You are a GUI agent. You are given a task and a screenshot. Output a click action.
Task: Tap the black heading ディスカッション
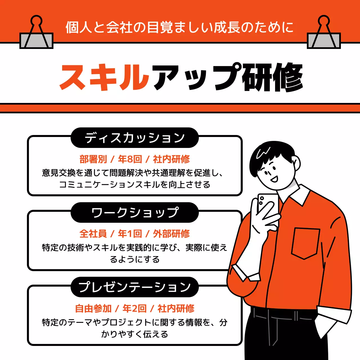point(134,138)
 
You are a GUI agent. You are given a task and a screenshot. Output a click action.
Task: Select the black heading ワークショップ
point(134,213)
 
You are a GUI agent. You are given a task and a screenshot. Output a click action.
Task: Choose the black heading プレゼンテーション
point(134,287)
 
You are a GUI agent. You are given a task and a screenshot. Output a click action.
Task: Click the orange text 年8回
point(130,159)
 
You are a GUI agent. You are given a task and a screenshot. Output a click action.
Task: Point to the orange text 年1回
point(130,234)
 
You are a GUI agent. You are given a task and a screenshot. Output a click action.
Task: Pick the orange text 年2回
point(134,309)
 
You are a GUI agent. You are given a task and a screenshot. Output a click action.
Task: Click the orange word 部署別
point(93,159)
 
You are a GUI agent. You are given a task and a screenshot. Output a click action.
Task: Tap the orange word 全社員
point(93,234)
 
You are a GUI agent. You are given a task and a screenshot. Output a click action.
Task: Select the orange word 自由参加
point(93,309)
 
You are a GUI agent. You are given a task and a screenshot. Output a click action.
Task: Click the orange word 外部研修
point(171,234)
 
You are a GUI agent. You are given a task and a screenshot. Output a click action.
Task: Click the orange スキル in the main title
point(104,77)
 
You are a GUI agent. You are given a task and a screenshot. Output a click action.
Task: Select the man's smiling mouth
point(274,179)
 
